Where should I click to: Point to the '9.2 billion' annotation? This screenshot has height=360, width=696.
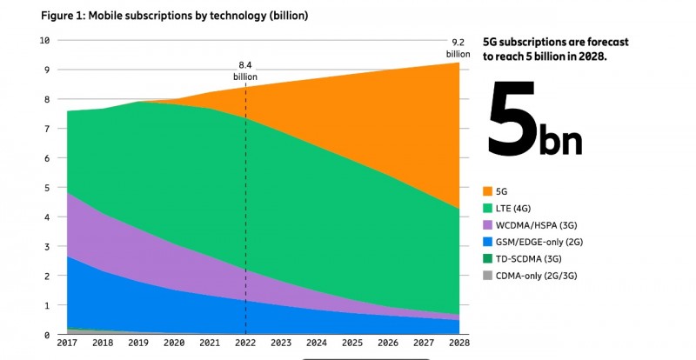pyautogui.click(x=458, y=47)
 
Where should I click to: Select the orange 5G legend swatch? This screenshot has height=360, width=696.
pyautogui.click(x=488, y=190)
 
